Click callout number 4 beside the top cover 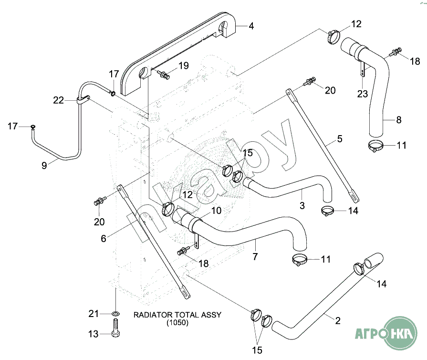point(251,26)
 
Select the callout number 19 point(184,66)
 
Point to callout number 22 point(58,100)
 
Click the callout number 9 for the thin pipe point(44,166)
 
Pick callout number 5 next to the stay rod point(340,139)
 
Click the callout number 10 point(217,211)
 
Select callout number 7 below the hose point(255,257)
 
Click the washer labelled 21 point(115,314)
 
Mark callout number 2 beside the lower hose point(338,320)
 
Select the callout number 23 point(363,94)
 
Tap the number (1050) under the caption point(177,323)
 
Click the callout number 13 point(94,334)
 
